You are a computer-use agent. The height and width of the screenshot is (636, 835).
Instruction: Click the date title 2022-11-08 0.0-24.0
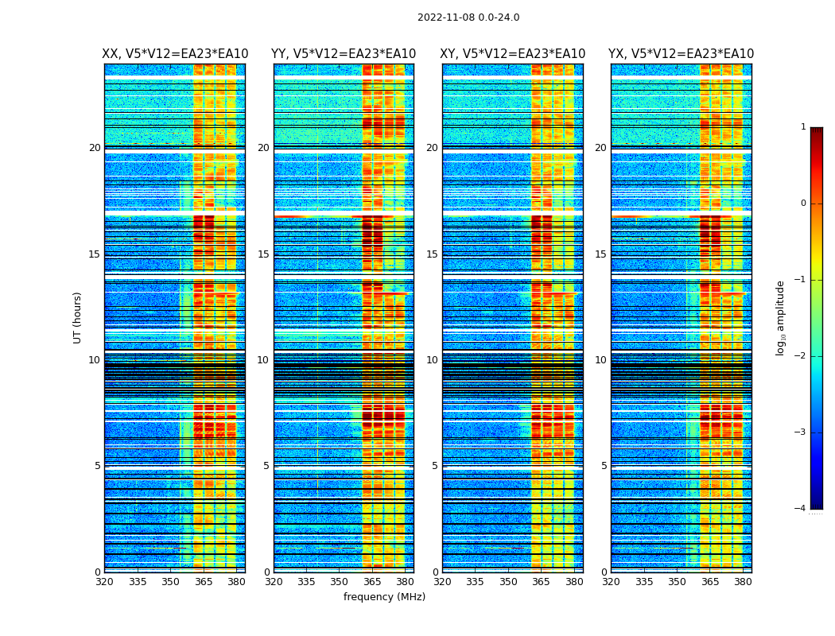468,17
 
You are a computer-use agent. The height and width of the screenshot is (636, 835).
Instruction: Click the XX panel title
175,54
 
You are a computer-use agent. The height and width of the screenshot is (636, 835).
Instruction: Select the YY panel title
344,54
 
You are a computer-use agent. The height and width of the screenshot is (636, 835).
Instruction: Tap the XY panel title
513,54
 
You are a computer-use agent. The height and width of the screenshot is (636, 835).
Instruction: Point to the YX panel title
681,54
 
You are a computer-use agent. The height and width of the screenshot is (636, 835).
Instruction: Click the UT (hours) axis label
78,317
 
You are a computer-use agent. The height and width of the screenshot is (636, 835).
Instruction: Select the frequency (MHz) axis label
384,597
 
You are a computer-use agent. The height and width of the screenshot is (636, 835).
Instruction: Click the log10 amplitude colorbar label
781,317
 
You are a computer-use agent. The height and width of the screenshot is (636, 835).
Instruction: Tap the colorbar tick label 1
803,127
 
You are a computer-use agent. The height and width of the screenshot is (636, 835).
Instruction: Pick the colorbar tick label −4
801,509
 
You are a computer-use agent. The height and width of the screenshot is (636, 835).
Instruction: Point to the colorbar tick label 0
803,204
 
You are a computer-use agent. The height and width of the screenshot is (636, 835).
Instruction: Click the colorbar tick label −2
801,356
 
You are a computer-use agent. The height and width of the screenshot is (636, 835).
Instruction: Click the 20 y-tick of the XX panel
95,148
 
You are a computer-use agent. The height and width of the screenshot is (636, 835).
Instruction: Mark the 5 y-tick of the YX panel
604,466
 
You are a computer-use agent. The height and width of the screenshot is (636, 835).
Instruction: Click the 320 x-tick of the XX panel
104,582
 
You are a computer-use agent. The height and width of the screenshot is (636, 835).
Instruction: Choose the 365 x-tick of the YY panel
372,582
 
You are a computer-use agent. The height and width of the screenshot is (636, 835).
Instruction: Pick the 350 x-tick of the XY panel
508,582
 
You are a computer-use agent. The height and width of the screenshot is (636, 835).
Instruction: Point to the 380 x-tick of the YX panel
743,582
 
